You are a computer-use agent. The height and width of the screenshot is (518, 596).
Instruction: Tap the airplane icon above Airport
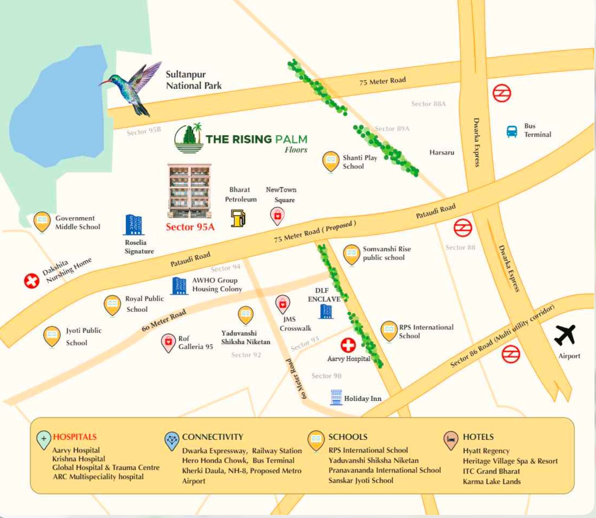[565, 335]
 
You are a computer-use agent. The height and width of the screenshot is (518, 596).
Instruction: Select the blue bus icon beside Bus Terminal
[512, 131]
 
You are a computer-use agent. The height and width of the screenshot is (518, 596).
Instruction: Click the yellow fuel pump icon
[238, 218]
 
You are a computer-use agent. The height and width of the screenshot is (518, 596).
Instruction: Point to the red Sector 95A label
[190, 227]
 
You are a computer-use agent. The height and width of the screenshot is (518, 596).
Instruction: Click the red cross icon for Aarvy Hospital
[348, 345]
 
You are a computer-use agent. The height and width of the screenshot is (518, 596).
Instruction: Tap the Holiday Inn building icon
[336, 397]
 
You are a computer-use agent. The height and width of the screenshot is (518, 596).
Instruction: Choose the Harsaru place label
[441, 152]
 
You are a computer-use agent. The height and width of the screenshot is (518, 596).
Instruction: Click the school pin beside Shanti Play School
[330, 161]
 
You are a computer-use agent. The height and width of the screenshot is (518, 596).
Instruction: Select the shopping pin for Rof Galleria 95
[168, 342]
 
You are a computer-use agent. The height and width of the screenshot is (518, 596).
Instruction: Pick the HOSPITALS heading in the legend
[74, 437]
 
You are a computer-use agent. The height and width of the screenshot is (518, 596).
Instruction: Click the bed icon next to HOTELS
[451, 440]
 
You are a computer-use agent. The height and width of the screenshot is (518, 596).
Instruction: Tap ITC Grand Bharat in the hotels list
[491, 471]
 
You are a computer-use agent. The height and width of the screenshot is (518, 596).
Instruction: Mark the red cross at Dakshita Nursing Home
[32, 281]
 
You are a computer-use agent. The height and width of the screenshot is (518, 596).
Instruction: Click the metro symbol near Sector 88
[462, 228]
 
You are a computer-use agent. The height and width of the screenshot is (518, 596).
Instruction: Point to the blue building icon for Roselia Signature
[134, 225]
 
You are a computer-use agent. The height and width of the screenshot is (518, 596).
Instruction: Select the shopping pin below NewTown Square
[277, 215]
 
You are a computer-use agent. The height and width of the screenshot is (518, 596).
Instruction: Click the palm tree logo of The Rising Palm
[188, 138]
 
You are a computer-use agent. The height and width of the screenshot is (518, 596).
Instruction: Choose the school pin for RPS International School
[389, 330]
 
